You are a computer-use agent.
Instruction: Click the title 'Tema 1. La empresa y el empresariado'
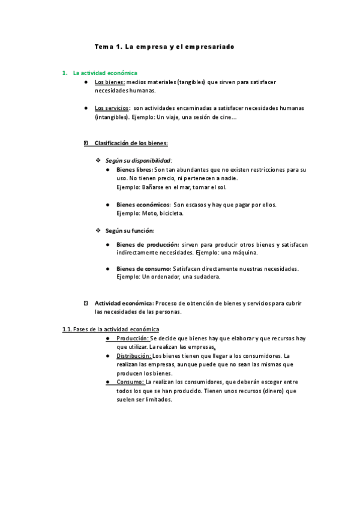164,46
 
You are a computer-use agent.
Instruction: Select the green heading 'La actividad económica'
105,73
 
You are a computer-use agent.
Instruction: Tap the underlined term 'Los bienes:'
110,82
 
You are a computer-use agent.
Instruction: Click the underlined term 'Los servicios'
112,108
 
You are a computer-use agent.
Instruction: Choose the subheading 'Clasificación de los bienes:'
131,143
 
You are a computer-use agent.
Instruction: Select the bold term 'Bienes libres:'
134,170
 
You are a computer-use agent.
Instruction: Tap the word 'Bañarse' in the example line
154,187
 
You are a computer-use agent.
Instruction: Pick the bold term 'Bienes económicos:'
143,205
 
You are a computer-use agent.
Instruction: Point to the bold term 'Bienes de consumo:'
143,268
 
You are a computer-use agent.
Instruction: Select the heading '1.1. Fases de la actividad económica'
111,330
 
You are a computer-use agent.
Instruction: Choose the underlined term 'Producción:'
133,339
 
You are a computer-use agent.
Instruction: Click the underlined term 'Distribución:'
134,356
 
